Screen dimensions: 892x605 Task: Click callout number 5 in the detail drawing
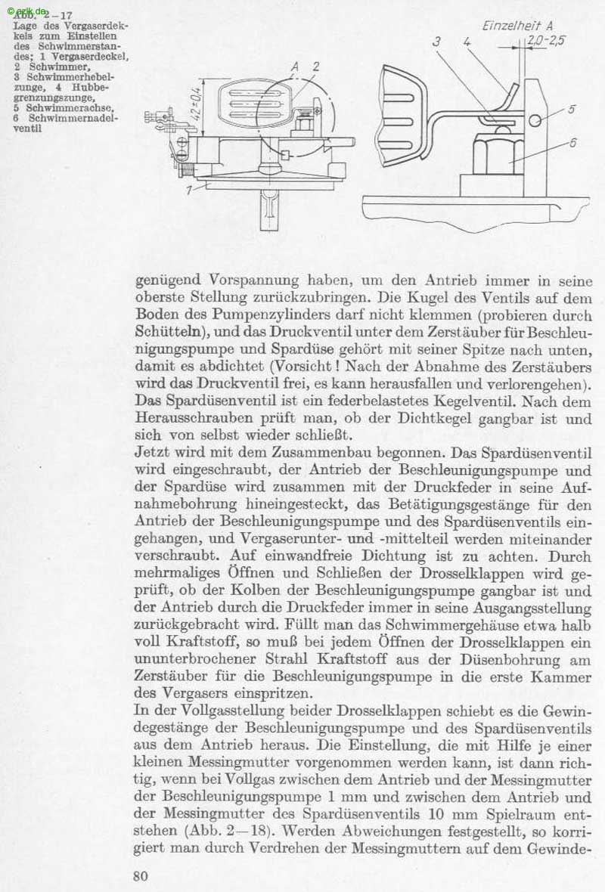(571, 109)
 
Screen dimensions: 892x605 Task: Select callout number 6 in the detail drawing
(572, 142)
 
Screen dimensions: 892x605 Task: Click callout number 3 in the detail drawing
(436, 42)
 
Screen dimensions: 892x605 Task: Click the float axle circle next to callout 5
(535, 120)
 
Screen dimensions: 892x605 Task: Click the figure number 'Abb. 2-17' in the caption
(45, 15)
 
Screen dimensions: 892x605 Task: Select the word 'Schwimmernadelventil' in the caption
(65, 122)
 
